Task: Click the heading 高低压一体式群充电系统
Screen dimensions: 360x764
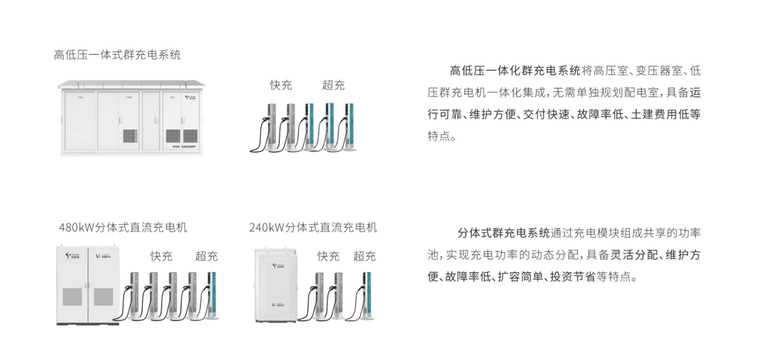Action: tap(117, 55)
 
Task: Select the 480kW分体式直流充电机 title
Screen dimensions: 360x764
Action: tap(123, 228)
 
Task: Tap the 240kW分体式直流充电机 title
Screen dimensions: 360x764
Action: tap(313, 227)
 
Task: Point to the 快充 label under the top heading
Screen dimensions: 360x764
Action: tap(281, 85)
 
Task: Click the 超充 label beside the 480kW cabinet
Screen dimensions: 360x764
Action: tap(206, 256)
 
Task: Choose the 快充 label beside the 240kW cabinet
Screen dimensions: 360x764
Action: tap(328, 256)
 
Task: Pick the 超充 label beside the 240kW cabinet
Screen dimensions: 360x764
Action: tap(364, 256)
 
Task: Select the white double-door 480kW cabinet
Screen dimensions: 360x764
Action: tap(87, 285)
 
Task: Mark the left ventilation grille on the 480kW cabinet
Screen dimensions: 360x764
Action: tap(72, 296)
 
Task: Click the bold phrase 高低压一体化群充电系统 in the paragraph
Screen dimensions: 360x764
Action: tap(515, 71)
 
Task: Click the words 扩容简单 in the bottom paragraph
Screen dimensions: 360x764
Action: tap(520, 277)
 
